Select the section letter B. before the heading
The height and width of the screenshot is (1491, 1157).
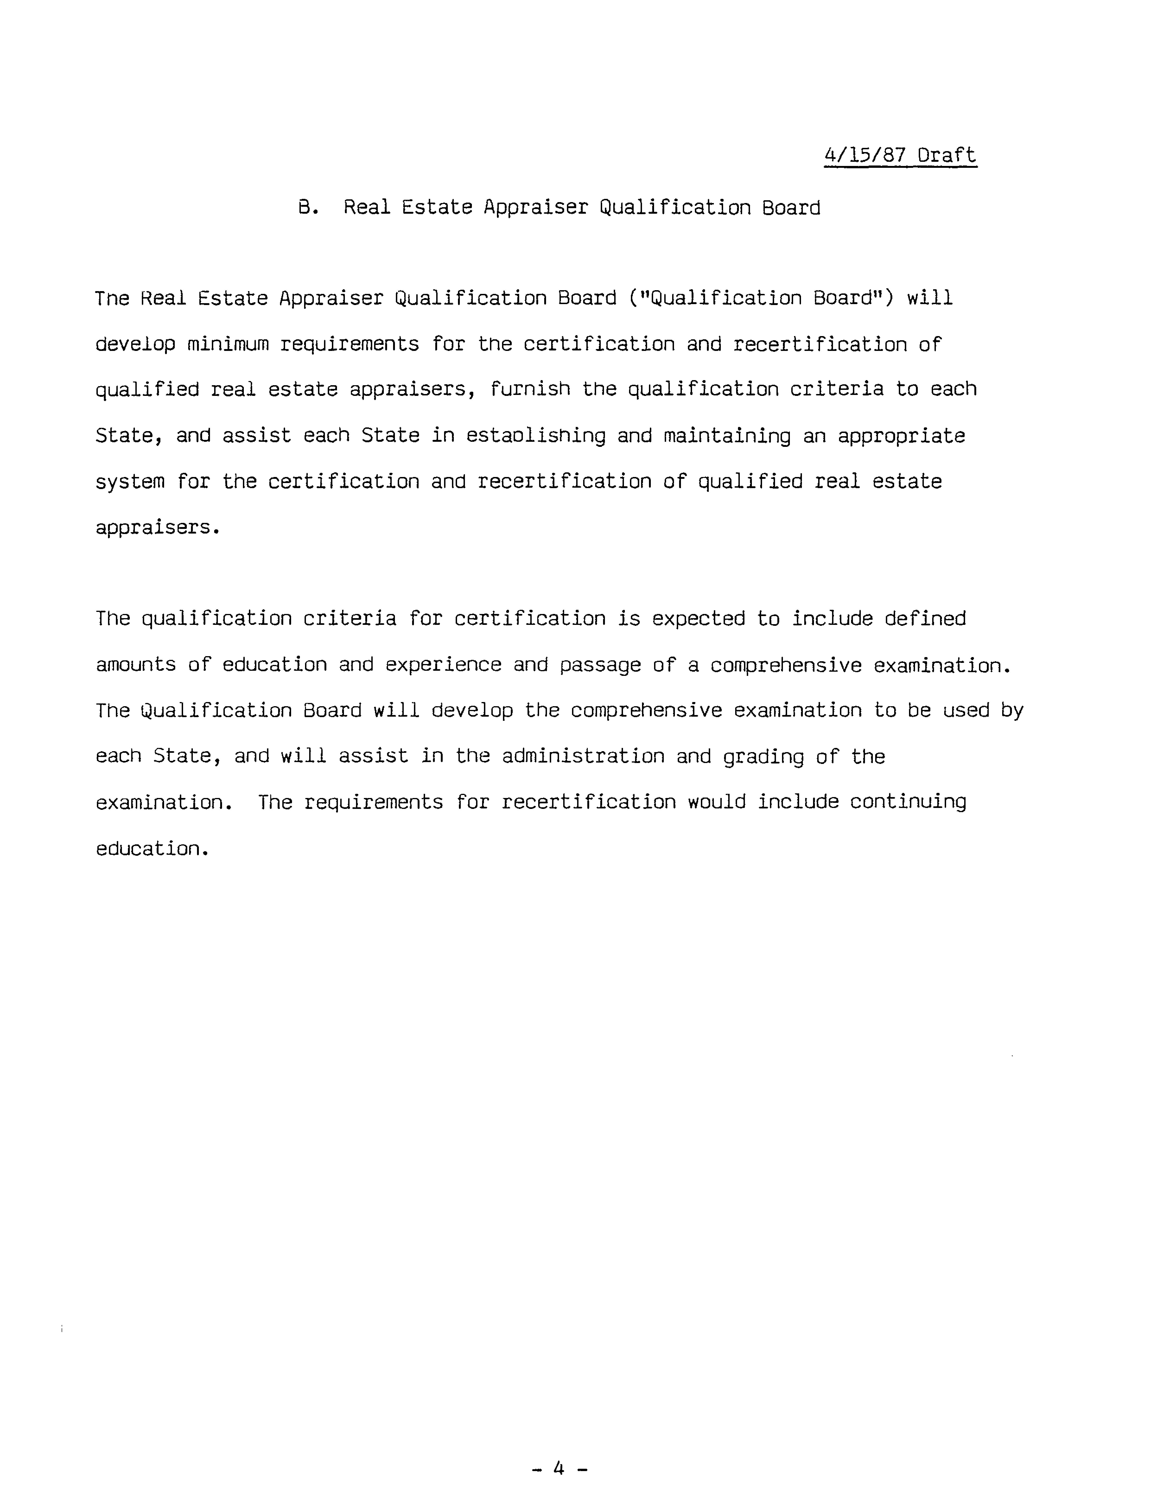pyautogui.click(x=308, y=207)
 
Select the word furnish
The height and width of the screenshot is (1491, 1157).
pyautogui.click(x=530, y=389)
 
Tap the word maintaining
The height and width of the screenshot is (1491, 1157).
pyautogui.click(x=727, y=436)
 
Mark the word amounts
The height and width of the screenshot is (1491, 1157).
pyautogui.click(x=136, y=665)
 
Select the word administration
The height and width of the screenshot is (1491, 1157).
pyautogui.click(x=583, y=757)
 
